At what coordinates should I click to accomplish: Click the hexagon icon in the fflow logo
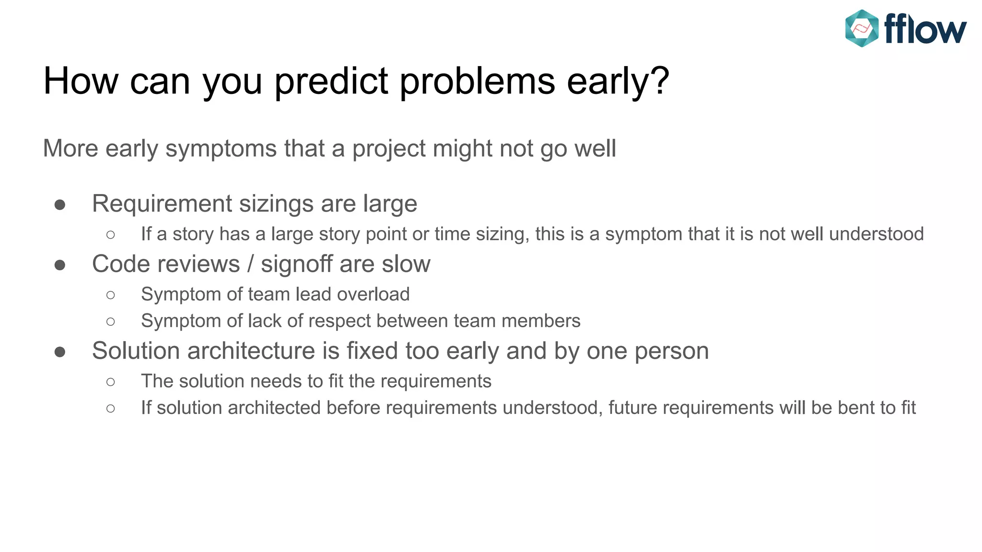[862, 28]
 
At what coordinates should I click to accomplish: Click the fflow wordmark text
[925, 29]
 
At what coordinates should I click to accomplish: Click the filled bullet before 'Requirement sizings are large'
[60, 205]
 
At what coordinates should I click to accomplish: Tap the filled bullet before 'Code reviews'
[60, 265]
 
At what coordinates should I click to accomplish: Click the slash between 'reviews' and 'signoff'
[250, 264]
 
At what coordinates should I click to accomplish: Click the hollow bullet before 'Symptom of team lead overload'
[111, 295]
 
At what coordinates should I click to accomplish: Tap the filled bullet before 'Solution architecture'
[60, 352]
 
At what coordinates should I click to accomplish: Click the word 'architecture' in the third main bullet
[251, 351]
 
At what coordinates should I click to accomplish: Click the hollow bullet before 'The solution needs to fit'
[111, 382]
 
